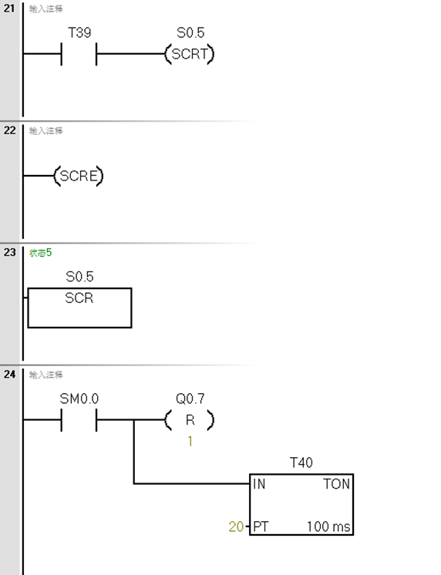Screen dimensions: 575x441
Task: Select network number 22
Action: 9,130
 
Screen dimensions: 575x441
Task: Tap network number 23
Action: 9,252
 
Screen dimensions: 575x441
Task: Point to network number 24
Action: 9,374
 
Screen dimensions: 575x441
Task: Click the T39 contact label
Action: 79,33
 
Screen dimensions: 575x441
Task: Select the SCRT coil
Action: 189,55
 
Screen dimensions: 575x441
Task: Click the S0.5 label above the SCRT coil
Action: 190,33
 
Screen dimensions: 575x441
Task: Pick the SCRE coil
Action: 79,177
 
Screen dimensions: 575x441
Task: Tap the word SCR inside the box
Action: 79,298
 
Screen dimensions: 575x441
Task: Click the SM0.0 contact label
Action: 79,399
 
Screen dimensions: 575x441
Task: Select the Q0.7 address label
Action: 190,399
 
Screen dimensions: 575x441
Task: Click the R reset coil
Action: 189,421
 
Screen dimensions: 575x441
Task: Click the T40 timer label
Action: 301,463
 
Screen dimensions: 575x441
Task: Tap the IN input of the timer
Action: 258,485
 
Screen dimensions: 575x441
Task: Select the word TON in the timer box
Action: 337,485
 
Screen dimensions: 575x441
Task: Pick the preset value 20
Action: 235,528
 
